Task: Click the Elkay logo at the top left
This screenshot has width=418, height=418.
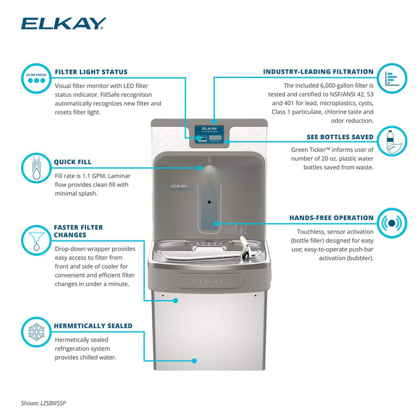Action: coord(64,23)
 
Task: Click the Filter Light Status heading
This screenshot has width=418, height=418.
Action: coord(91,72)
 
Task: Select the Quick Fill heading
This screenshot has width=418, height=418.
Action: coord(72,162)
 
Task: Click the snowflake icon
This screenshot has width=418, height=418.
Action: coord(36,332)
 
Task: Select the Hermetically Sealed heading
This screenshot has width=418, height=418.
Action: coord(93,326)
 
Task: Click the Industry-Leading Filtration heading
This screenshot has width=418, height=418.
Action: coord(318,72)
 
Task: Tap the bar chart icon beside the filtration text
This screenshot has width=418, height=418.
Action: coord(392,78)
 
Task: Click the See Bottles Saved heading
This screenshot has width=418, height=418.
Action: coord(340,137)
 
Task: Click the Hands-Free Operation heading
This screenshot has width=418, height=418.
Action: coord(331,218)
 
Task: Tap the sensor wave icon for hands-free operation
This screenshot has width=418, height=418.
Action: coord(392,223)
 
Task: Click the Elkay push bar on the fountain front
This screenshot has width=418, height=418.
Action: coord(208,280)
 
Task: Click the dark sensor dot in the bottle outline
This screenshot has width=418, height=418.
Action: coord(208,202)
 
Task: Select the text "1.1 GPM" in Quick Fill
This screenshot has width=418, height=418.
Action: coord(89,176)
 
